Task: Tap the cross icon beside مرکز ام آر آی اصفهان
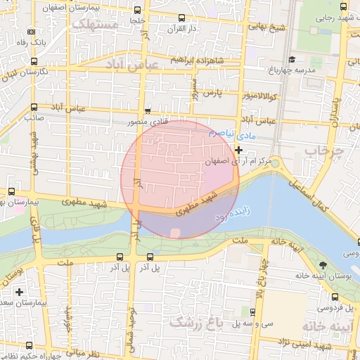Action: tap(239, 149)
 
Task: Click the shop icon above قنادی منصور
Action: tap(147, 111)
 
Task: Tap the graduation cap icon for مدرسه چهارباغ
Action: tap(292, 60)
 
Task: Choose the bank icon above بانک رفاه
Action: tap(31, 32)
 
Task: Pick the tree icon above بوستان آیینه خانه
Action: tap(323, 265)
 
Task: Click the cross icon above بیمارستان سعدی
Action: tap(19, 291)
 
